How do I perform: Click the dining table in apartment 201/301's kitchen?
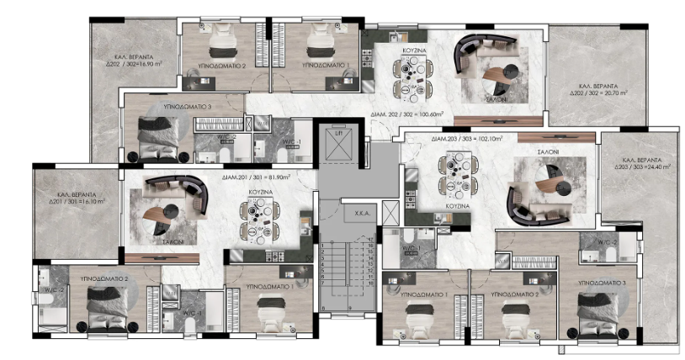coord(257,220)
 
